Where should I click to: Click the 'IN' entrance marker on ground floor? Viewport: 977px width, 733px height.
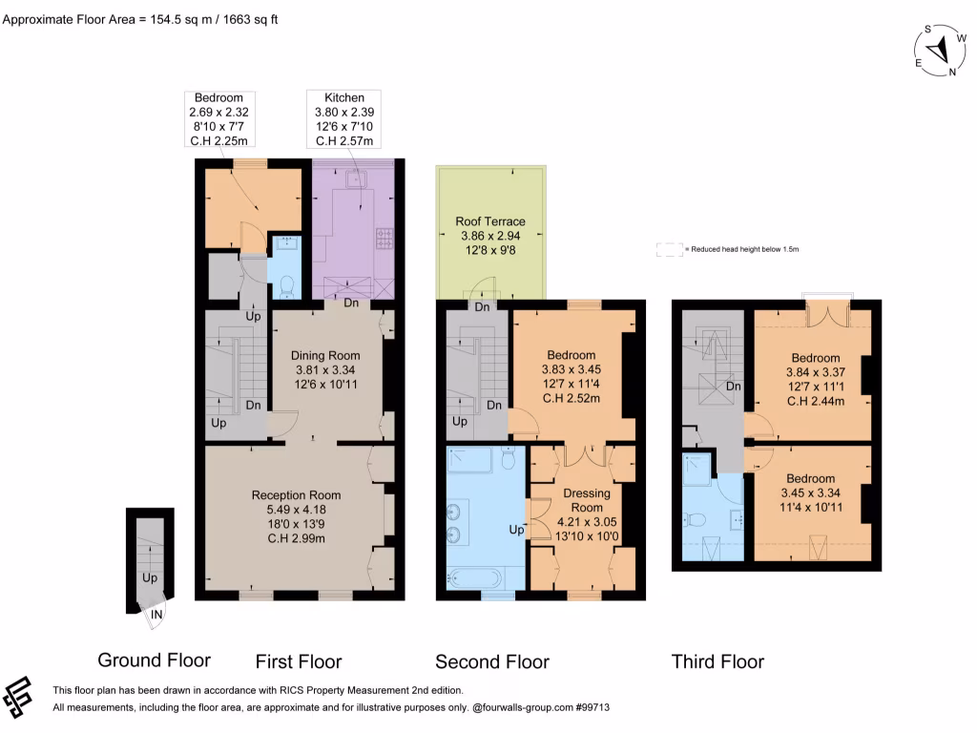156,616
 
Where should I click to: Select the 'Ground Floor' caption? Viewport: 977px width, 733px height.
154,660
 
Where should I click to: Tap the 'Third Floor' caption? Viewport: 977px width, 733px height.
717,661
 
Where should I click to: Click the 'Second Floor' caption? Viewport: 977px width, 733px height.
491,661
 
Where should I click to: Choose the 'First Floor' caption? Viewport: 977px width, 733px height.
298,661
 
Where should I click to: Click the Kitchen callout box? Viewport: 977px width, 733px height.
343,118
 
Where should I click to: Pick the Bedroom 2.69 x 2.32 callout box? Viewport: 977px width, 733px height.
218,118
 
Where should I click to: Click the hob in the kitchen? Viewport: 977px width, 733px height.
385,237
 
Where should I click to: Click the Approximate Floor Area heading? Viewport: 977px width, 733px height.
141,19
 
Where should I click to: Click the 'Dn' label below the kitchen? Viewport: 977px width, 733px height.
350,304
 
